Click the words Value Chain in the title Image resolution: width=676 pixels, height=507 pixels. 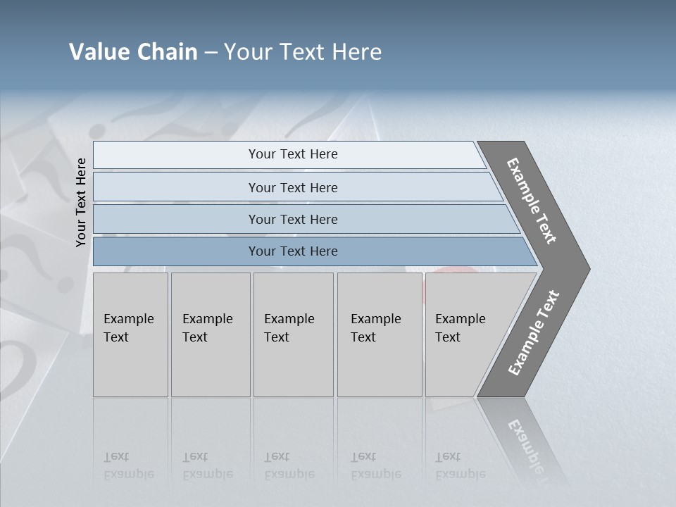point(133,52)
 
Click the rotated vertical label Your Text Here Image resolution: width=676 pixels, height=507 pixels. point(81,202)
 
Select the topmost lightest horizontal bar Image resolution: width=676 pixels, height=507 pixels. point(176,155)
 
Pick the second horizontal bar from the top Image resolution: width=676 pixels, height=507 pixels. point(176,187)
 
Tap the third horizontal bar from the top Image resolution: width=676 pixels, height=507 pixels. point(176,220)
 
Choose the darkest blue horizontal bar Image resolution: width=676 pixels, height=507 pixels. point(176,251)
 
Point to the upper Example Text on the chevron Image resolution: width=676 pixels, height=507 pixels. point(532,201)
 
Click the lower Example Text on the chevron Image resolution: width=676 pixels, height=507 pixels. point(533,333)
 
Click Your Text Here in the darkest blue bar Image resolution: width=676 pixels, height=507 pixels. point(293,251)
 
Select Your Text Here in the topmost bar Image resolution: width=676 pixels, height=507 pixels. point(293,154)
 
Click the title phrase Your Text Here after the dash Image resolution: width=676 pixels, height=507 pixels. point(303,52)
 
